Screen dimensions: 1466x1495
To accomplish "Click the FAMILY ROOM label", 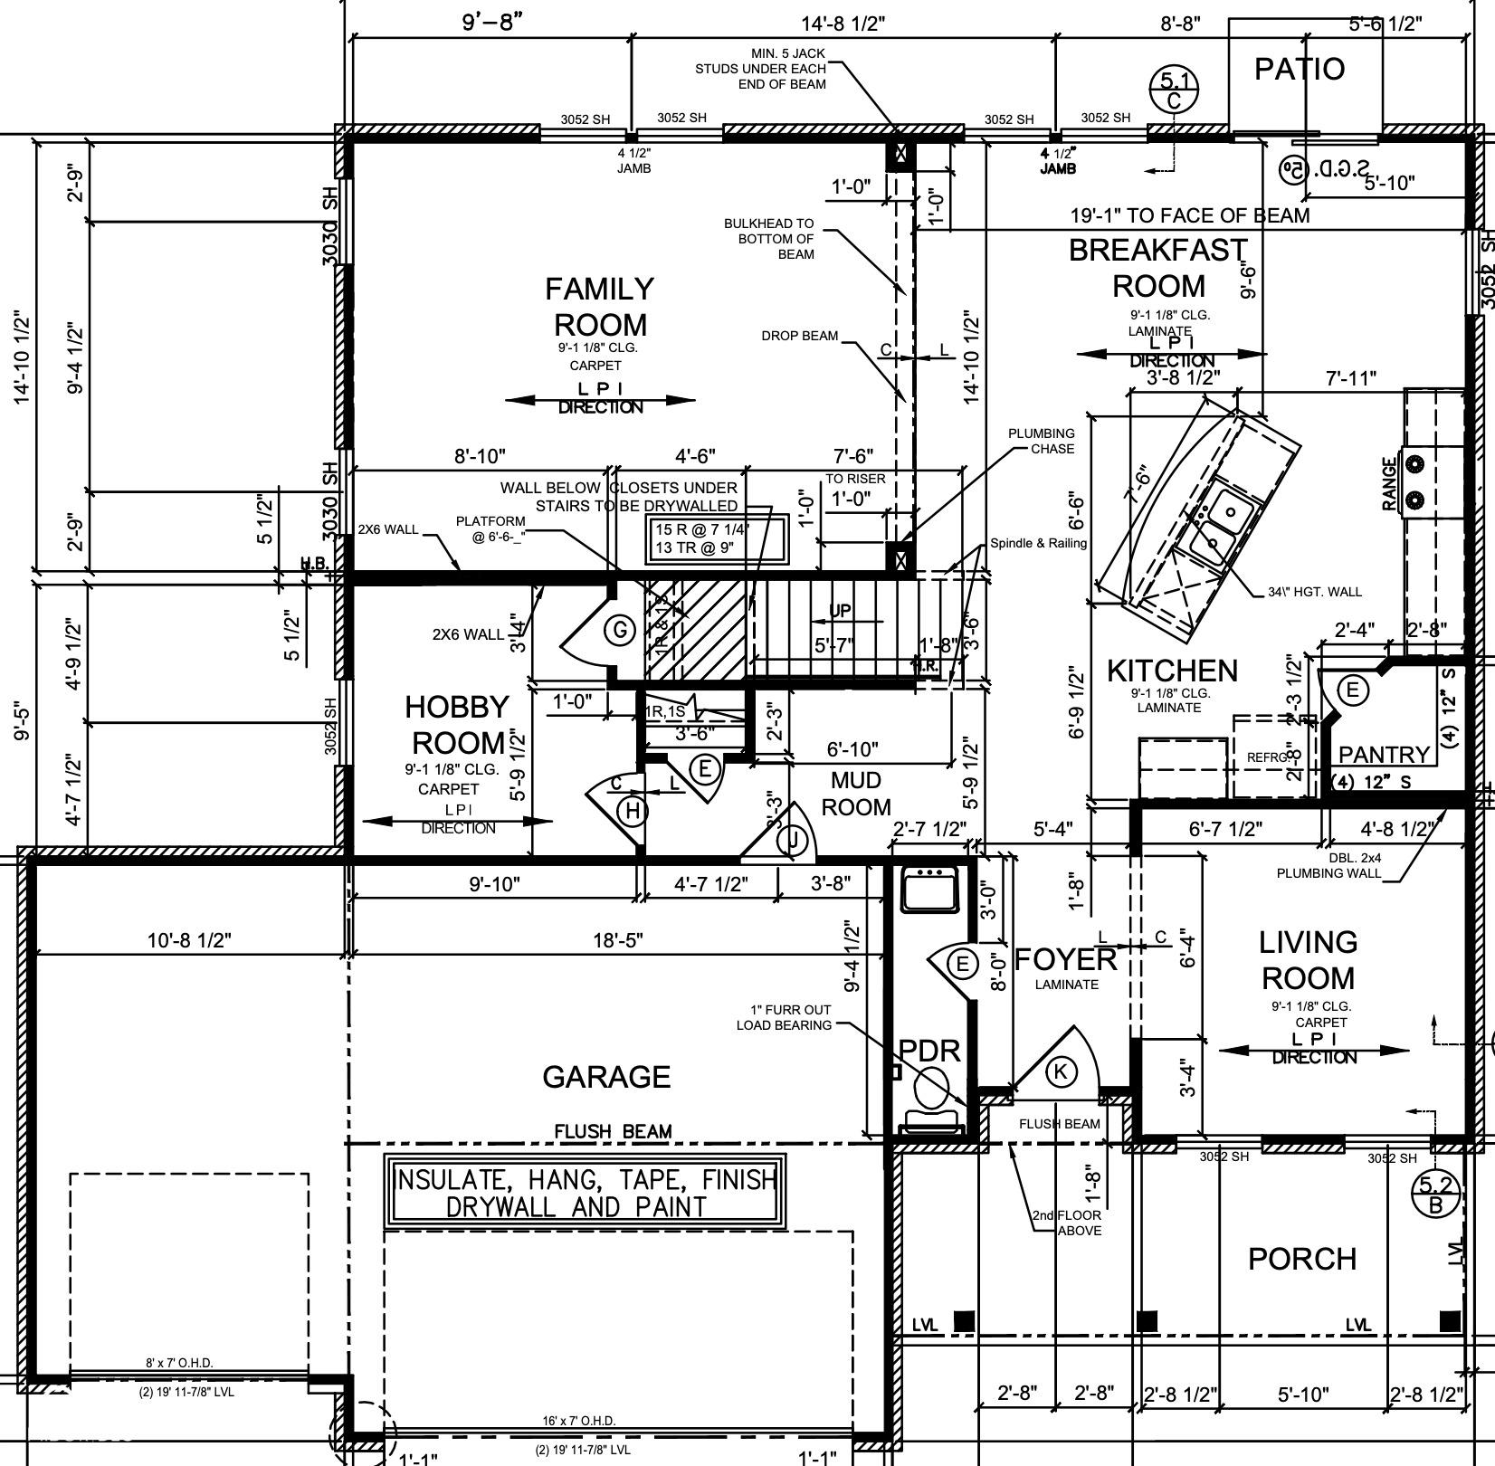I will (599, 307).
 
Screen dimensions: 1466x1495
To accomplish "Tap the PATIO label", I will (1299, 69).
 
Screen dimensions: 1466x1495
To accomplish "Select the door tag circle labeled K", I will (1061, 1072).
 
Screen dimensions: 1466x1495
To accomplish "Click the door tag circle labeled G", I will (620, 630).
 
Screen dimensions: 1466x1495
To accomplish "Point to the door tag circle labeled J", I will (794, 841).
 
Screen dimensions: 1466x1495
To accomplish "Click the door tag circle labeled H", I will (633, 811).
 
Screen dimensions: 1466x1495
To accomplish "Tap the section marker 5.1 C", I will (1174, 90).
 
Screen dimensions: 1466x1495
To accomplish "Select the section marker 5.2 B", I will (1436, 1195).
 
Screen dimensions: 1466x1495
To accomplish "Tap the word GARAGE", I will (606, 1077).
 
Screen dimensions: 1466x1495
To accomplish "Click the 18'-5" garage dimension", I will (618, 940).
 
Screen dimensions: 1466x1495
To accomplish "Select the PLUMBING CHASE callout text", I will (1042, 441).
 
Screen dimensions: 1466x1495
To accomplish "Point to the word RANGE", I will (1389, 484).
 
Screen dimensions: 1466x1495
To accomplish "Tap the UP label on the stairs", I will (841, 611).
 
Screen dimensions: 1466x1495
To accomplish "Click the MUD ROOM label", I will (855, 793).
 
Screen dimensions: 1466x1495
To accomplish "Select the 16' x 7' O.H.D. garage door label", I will (579, 1421).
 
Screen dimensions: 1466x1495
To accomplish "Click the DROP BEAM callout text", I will (799, 336).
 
